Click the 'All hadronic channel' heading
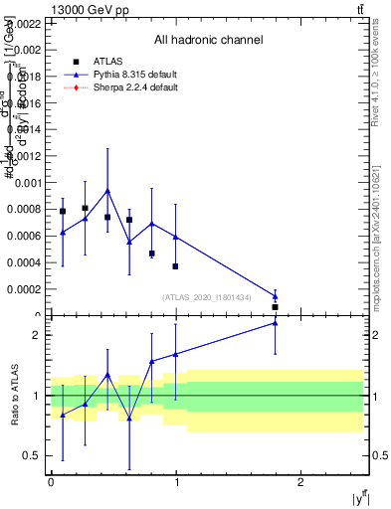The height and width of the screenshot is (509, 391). pyautogui.click(x=208, y=41)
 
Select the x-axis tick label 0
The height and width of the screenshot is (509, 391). pyautogui.click(x=51, y=483)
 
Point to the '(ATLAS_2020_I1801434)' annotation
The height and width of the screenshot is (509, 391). pyautogui.click(x=221, y=297)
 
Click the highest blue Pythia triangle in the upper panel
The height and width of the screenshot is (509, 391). pyautogui.click(x=107, y=190)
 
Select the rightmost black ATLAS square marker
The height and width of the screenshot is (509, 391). pyautogui.click(x=276, y=307)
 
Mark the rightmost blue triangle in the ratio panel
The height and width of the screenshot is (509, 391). pyautogui.click(x=276, y=322)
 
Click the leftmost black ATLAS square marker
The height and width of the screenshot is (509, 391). pyautogui.click(x=63, y=211)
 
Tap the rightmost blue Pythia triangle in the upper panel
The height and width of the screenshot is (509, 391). pyautogui.click(x=276, y=295)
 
